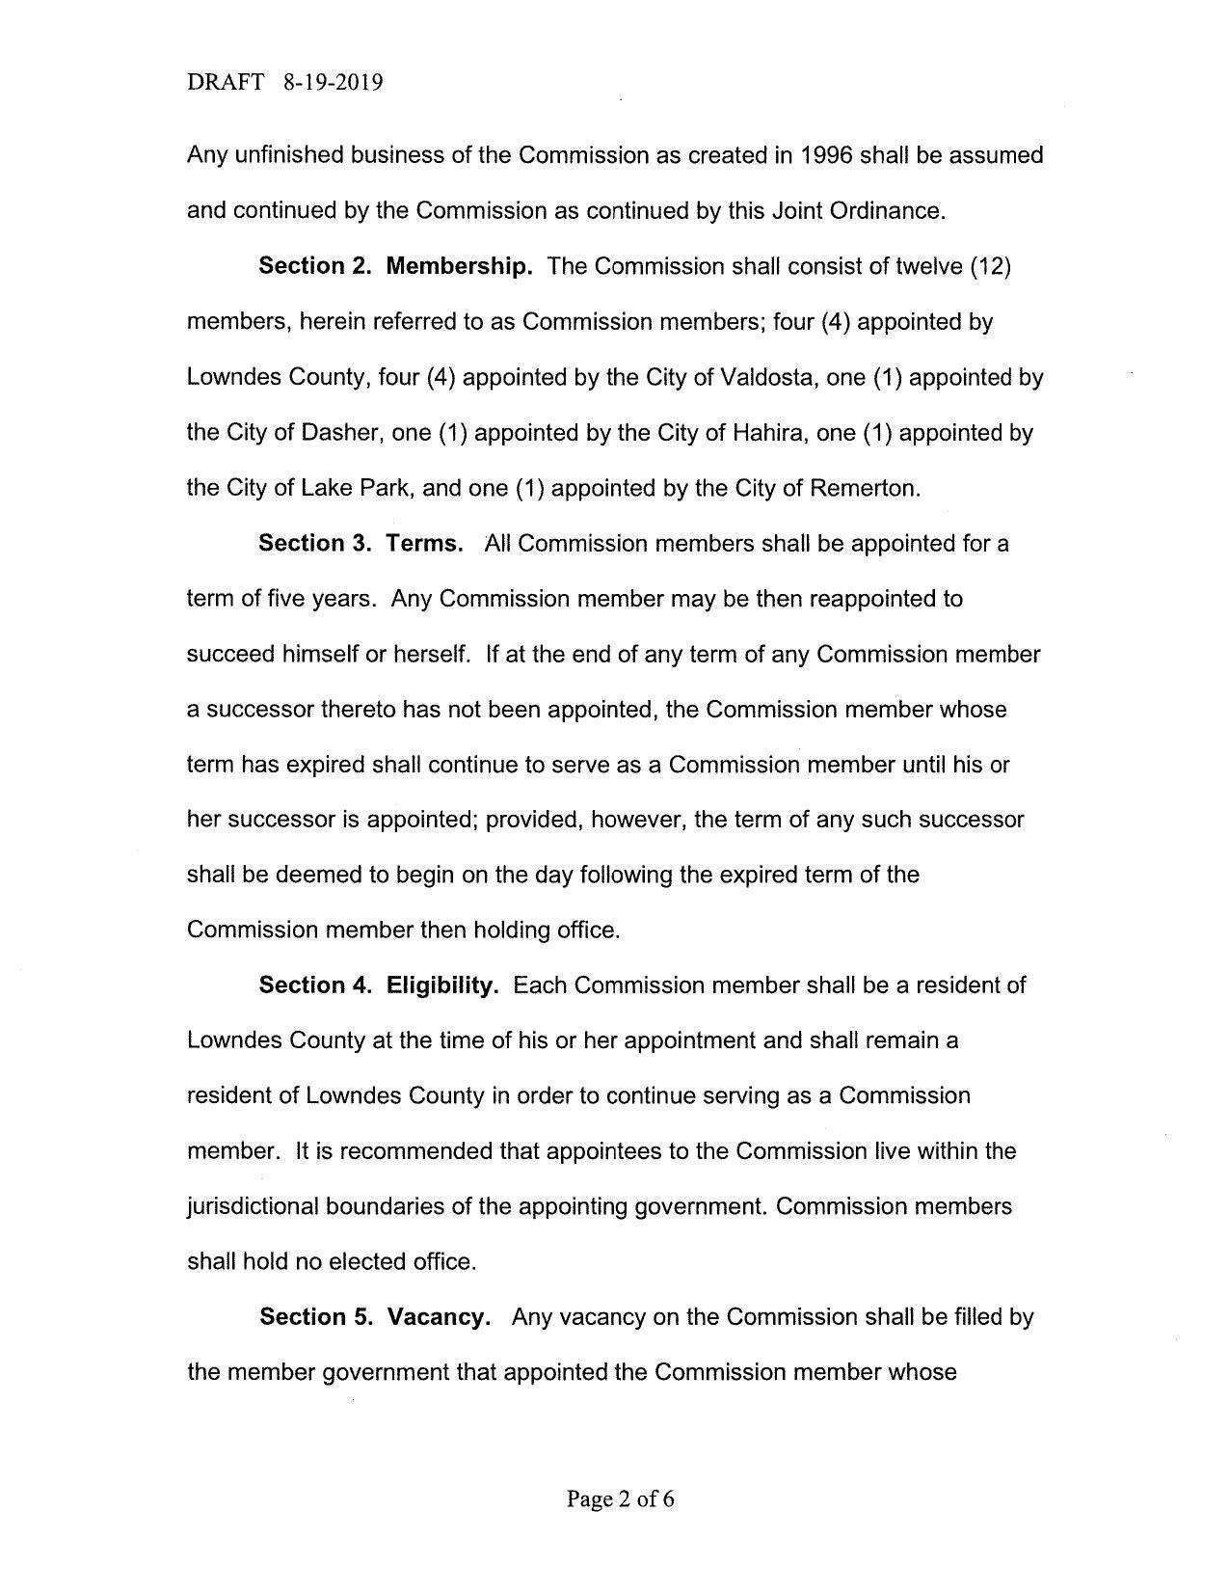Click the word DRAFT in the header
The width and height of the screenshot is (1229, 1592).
pos(226,83)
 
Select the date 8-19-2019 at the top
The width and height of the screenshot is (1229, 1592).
pos(334,83)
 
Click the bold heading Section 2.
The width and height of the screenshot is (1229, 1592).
pos(315,266)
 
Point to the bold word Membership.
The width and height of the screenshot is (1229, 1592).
pos(459,266)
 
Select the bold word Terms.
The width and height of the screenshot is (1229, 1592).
pos(424,544)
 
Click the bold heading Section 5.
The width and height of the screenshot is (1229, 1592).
pos(315,1317)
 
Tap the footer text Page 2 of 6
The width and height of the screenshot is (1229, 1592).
pos(620,1498)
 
